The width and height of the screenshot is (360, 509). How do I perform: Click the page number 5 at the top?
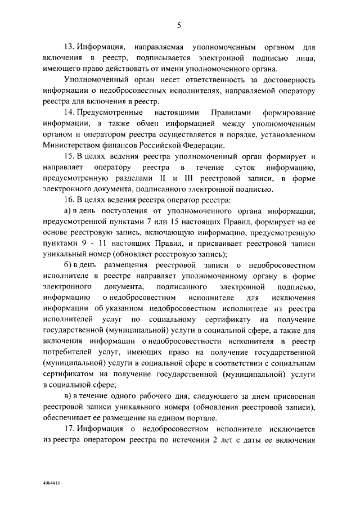179,25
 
